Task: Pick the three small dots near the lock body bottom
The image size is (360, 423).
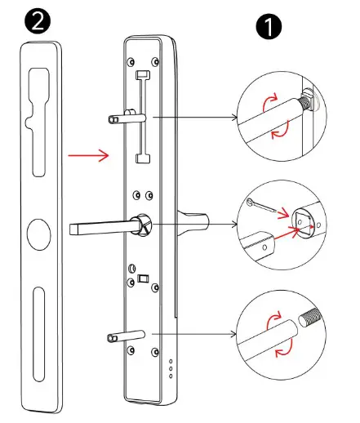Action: tap(171, 369)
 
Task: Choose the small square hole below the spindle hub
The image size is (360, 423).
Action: tap(144, 278)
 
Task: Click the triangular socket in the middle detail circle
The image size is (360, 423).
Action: tap(302, 218)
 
